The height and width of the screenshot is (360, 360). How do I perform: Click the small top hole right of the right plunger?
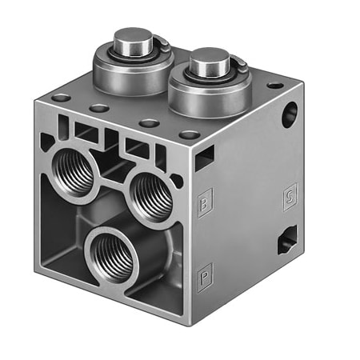[274, 84]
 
